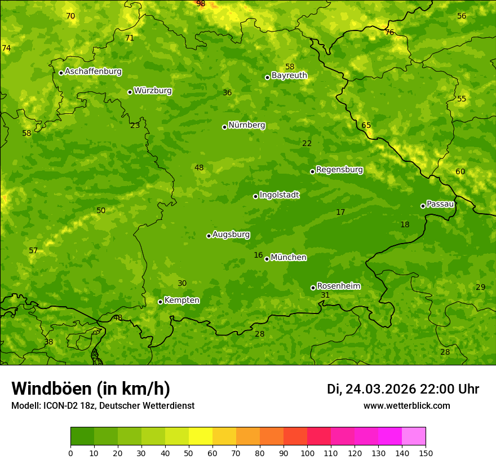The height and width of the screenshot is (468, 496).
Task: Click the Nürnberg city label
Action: (x=246, y=125)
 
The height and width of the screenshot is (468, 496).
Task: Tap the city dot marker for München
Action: (x=267, y=259)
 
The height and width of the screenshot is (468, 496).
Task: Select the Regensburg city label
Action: (x=339, y=170)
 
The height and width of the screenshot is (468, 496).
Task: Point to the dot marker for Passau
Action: (x=423, y=206)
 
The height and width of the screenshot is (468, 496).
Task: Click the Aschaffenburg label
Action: (x=93, y=72)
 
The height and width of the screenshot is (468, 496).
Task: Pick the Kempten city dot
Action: (x=160, y=302)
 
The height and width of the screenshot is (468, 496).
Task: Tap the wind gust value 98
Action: (x=201, y=4)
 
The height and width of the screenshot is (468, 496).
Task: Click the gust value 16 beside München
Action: (x=258, y=255)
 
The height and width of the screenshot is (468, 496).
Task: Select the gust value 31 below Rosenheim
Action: (x=325, y=295)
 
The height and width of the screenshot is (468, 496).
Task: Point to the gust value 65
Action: (x=366, y=125)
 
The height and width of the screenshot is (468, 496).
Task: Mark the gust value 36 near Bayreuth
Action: (x=227, y=93)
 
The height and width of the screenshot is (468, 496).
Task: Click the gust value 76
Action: (x=389, y=33)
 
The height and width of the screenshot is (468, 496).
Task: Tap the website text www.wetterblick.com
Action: (x=406, y=405)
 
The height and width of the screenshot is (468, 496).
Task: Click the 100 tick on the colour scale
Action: (x=307, y=453)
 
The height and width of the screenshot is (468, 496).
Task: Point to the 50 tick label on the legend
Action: (x=189, y=453)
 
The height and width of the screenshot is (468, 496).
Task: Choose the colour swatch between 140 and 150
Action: (x=414, y=436)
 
